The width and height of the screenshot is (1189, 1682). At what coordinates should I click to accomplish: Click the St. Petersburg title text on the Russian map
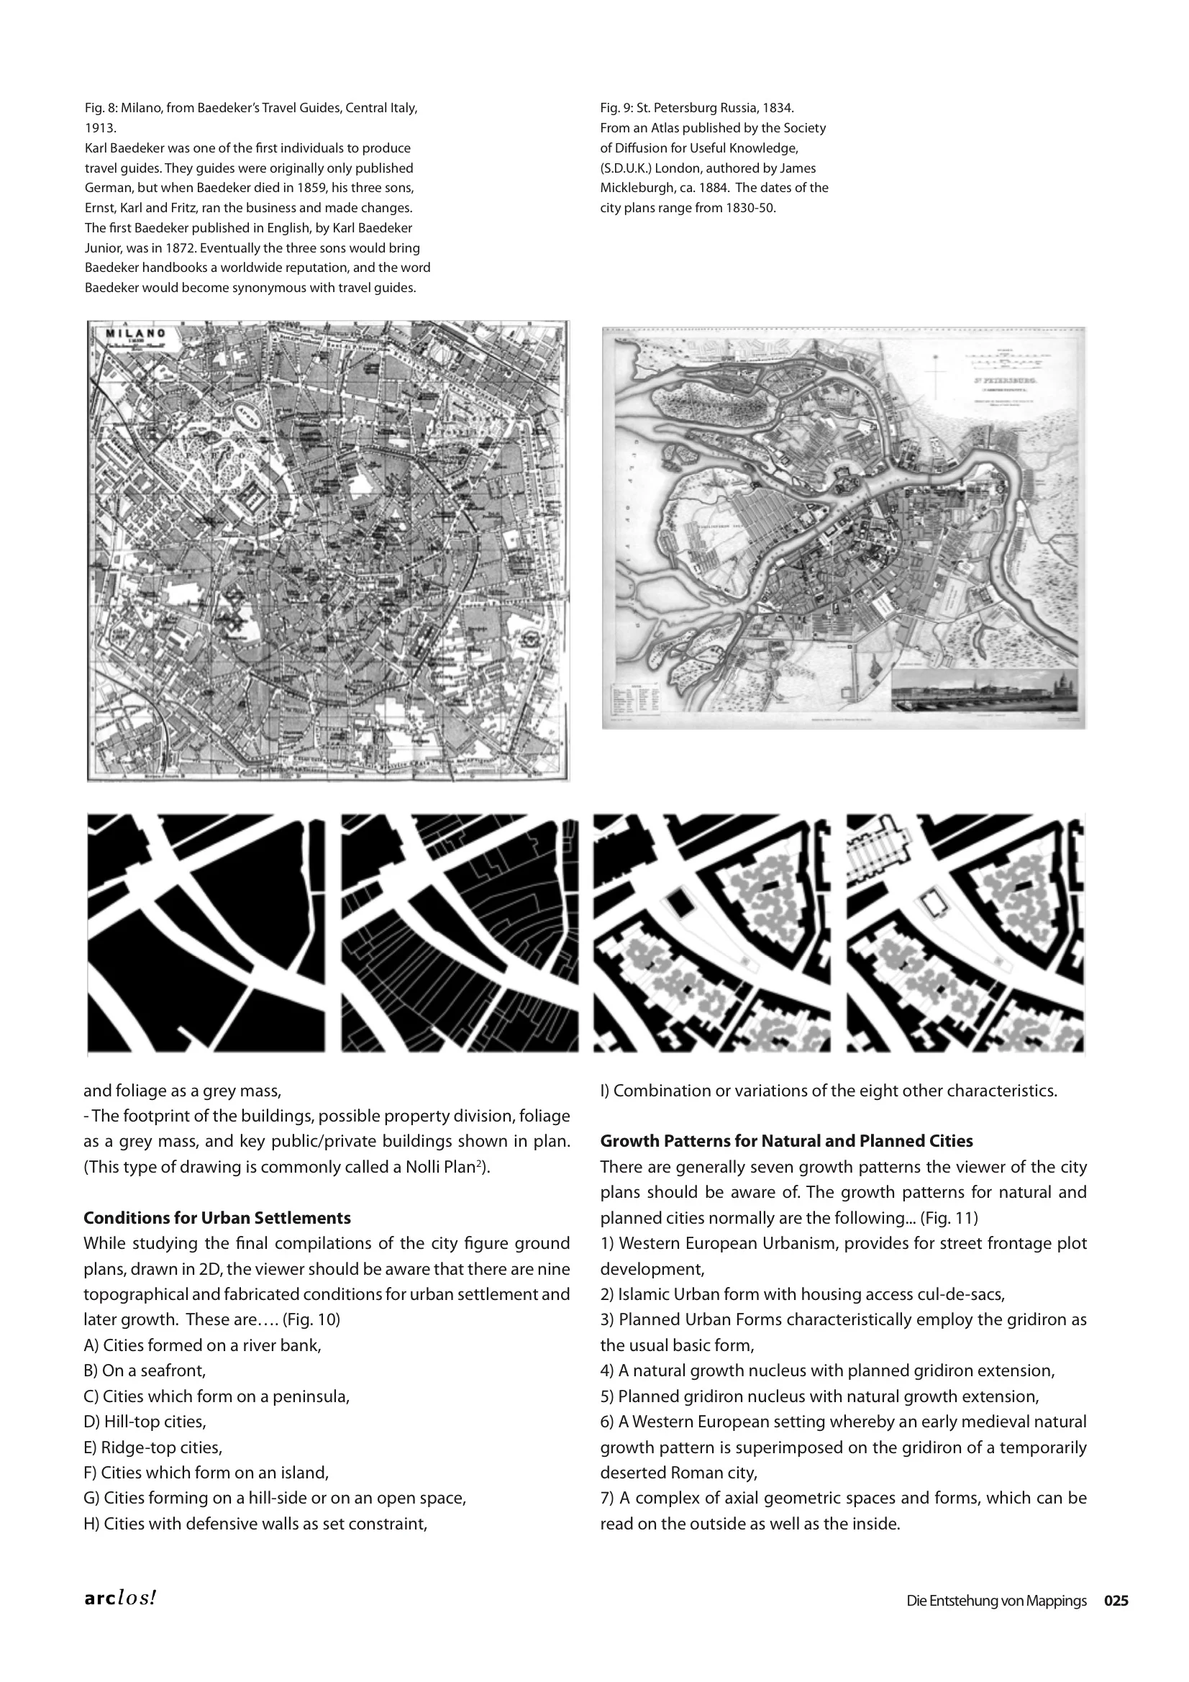click(x=1002, y=382)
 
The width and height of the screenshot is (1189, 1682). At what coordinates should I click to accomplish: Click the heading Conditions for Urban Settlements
click(x=217, y=1218)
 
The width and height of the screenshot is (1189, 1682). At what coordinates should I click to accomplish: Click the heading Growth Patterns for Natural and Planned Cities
click(x=786, y=1141)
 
